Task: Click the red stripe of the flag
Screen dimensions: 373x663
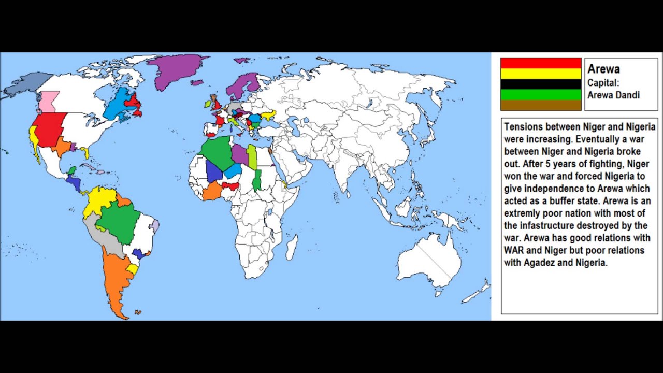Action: pyautogui.click(x=541, y=63)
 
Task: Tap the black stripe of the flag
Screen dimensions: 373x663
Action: pyautogui.click(x=541, y=84)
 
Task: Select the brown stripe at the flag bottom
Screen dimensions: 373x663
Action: pyautogui.click(x=541, y=105)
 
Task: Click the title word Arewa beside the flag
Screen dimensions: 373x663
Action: pyautogui.click(x=603, y=69)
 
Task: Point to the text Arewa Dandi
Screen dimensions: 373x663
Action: pyautogui.click(x=613, y=95)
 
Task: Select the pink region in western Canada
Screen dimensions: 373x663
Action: pyautogui.click(x=50, y=101)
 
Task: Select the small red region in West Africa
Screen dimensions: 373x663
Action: pyautogui.click(x=231, y=185)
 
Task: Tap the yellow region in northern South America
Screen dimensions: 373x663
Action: pyautogui.click(x=101, y=202)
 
